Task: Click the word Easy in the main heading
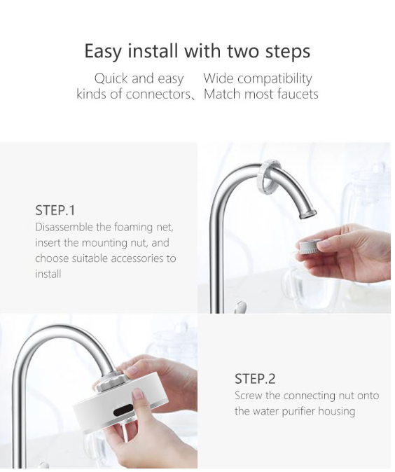click(x=103, y=51)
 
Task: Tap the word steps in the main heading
click(x=288, y=51)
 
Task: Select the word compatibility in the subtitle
click(x=274, y=79)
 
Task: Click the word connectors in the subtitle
click(x=158, y=95)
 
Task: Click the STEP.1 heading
click(x=55, y=210)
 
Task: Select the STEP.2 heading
click(x=255, y=379)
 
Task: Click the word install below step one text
click(x=48, y=275)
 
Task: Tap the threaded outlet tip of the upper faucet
click(x=308, y=214)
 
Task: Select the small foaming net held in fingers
click(x=310, y=244)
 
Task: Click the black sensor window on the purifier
click(x=123, y=410)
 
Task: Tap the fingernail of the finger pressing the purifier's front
click(x=137, y=394)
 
